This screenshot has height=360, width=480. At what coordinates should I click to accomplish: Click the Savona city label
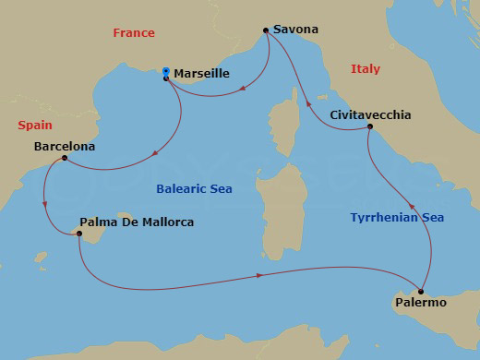click(296, 30)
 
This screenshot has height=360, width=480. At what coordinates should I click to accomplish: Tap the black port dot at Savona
click(266, 30)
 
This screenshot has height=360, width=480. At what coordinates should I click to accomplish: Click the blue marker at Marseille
click(166, 71)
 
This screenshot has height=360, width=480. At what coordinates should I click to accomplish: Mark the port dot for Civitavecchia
click(369, 126)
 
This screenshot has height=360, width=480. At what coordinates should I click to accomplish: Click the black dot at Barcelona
click(64, 158)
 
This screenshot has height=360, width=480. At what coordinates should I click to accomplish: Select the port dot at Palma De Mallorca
click(79, 234)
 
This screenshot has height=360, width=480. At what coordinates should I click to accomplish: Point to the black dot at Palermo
click(421, 291)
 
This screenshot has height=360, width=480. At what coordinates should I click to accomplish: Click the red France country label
click(133, 33)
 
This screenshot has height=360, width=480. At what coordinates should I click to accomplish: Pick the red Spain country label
click(33, 125)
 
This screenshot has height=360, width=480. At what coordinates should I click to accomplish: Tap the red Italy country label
click(365, 69)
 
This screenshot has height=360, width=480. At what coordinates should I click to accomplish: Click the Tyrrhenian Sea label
click(397, 218)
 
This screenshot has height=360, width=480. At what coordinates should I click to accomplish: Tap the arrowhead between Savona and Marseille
click(240, 90)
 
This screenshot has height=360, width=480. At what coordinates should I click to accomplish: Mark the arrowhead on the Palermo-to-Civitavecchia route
click(412, 208)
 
